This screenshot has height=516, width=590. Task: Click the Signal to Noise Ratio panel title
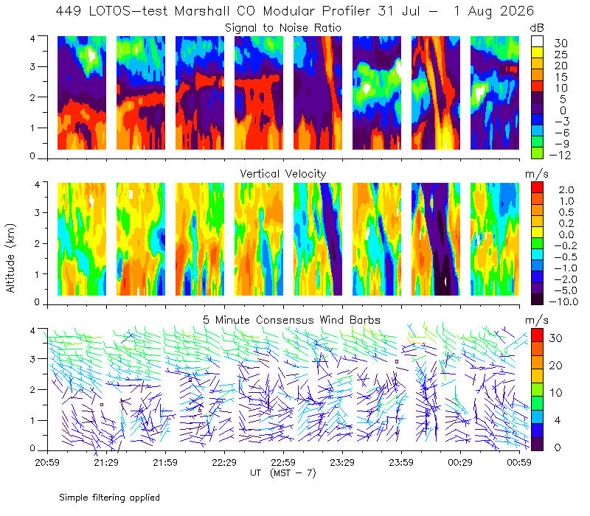pos(283,28)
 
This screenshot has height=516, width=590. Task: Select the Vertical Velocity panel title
pos(283,174)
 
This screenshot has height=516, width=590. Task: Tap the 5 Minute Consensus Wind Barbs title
pos(291,320)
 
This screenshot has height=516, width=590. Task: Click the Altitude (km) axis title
pos(10,258)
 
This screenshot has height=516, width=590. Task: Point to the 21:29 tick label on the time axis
pos(106,462)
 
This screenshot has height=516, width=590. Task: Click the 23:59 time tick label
pos(401,462)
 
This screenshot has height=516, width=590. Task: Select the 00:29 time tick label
pos(460,462)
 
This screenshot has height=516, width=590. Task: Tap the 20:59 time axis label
pos(47,462)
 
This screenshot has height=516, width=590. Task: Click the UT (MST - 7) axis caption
pos(283,473)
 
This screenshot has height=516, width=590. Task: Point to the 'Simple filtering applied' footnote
pos(109,498)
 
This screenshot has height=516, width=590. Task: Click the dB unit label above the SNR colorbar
pos(537,28)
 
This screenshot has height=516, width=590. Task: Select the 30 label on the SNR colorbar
pos(561,43)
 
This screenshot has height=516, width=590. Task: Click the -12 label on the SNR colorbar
pos(560,155)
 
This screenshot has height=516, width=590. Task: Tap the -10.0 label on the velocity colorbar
pos(563,301)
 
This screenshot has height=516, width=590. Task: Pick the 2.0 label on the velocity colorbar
pos(566,189)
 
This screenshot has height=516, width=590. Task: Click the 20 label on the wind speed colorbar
pos(556,365)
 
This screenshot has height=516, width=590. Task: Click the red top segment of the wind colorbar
pos(537,335)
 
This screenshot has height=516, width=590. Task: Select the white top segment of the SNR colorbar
pos(537,41)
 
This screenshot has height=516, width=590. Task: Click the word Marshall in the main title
pos(202,11)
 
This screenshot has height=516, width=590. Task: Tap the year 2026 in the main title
pos(517,11)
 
